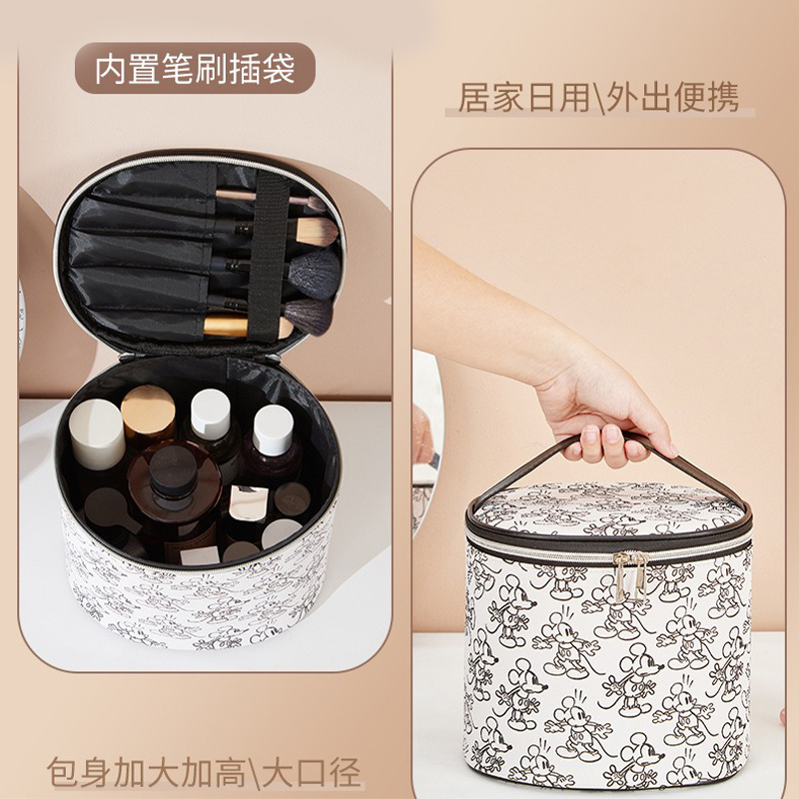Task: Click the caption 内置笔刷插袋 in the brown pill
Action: (x=195, y=69)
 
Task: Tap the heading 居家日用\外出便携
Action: (x=598, y=97)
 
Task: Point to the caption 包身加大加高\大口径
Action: (x=205, y=772)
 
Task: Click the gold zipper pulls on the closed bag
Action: (x=631, y=573)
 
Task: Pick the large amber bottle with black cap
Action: (x=174, y=496)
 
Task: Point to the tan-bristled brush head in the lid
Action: (x=317, y=232)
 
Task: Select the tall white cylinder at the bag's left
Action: (x=97, y=435)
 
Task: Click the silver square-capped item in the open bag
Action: (x=248, y=504)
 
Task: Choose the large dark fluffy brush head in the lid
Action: (x=315, y=274)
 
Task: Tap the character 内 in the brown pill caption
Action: (x=110, y=69)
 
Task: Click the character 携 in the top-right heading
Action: (x=723, y=97)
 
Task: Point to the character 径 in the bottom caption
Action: (x=346, y=772)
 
